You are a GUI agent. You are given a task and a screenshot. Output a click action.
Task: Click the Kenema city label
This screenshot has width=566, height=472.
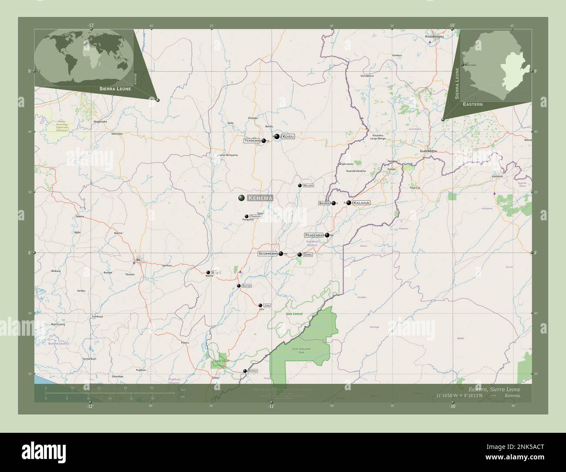(260, 198)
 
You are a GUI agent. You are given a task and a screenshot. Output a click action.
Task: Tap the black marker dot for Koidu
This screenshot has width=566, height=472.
(276, 136)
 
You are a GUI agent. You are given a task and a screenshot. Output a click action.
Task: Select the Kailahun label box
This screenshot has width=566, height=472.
(362, 203)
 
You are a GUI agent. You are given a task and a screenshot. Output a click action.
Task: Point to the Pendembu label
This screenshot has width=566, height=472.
(314, 235)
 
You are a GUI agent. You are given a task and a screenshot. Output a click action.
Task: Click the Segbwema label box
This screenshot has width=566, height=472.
(267, 253)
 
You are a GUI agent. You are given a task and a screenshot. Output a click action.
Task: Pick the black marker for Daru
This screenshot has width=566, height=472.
(300, 255)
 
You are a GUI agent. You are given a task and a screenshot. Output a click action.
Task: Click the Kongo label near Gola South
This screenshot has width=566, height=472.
(253, 371)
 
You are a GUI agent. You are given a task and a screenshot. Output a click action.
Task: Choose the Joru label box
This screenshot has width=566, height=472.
(267, 306)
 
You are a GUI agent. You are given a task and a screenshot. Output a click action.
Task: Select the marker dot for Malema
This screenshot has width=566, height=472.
(300, 185)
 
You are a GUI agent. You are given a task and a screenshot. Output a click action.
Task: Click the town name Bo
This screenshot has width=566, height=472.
(138, 260)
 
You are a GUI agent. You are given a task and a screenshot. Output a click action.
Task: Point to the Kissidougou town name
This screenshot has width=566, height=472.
(434, 37)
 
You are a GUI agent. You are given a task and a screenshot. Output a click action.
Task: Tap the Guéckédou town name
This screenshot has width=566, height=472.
(428, 151)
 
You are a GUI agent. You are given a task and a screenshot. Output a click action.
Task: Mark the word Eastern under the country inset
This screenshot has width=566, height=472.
(472, 105)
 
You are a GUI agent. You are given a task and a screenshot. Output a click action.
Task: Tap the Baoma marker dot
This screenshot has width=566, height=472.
(334, 203)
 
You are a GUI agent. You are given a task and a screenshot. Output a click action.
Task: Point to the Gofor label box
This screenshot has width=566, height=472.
(246, 286)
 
